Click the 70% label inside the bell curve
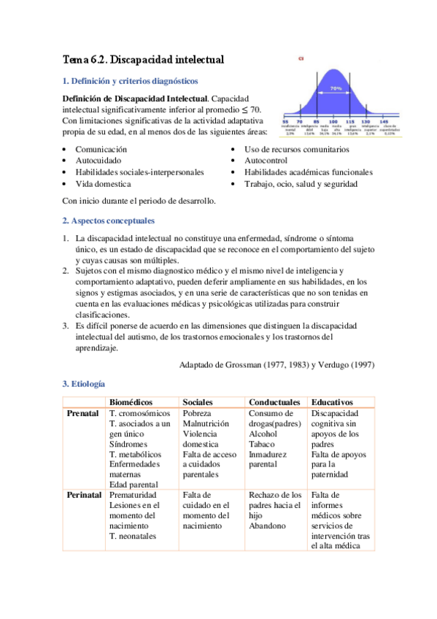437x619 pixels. pos(336,88)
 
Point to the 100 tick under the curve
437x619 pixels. pos(333,121)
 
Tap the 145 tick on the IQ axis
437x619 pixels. pos(383,121)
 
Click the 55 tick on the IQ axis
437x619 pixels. pos(285,121)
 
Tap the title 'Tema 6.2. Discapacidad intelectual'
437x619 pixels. pos(143,58)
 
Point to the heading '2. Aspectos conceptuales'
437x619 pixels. pos(108,220)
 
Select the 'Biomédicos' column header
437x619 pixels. pos(134,402)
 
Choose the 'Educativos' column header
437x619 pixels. pos(332,402)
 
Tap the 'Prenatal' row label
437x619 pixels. pos(83,413)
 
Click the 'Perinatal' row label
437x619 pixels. pos(85,495)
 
